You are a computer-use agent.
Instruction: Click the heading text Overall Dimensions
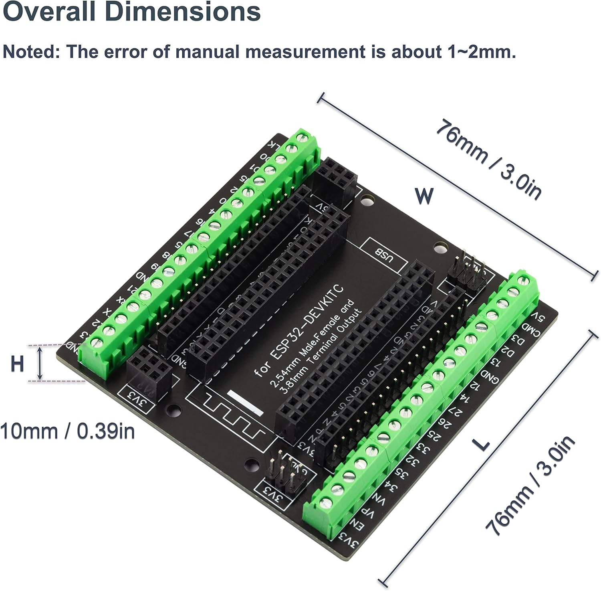(x=131, y=12)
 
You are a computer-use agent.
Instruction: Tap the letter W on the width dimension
(x=424, y=196)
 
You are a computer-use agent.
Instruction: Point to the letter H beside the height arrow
(x=17, y=364)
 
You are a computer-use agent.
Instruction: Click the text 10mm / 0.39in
(x=67, y=432)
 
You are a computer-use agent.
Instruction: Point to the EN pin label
(x=357, y=524)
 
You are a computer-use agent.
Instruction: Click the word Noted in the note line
(x=30, y=52)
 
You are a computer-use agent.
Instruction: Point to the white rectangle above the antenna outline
(x=245, y=402)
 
